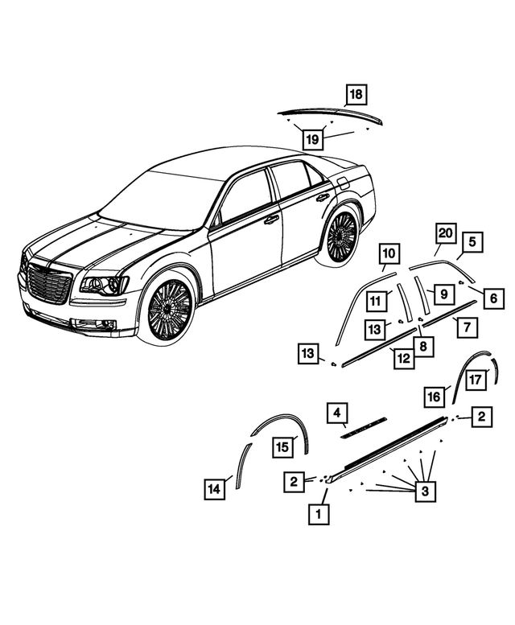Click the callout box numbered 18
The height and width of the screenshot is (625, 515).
(356, 95)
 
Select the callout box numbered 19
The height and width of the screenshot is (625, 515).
(312, 139)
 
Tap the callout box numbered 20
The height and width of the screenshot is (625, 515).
(445, 233)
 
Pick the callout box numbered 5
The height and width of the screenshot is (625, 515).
(472, 242)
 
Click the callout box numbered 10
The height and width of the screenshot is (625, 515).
(389, 253)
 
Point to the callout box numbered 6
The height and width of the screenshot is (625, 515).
(493, 298)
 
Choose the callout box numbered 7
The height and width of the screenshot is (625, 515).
(468, 327)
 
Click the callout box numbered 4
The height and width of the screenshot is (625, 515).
(337, 413)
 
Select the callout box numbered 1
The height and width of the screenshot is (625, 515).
(319, 514)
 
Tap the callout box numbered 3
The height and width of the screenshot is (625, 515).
(425, 491)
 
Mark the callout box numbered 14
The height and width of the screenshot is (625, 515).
(215, 489)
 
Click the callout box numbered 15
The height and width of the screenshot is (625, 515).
(282, 446)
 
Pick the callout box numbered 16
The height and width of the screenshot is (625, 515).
(434, 397)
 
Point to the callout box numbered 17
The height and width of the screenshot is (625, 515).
(476, 380)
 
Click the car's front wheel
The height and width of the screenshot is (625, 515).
(171, 310)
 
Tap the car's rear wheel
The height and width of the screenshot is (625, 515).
(341, 236)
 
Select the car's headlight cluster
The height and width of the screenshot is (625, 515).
(105, 284)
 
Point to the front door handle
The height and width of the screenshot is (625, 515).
(271, 220)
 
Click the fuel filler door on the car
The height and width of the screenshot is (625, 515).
(344, 184)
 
